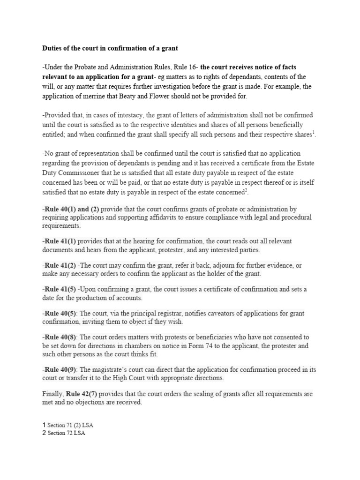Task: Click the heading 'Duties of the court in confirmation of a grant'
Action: (x=110, y=48)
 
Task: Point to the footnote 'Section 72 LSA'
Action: (x=66, y=433)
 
